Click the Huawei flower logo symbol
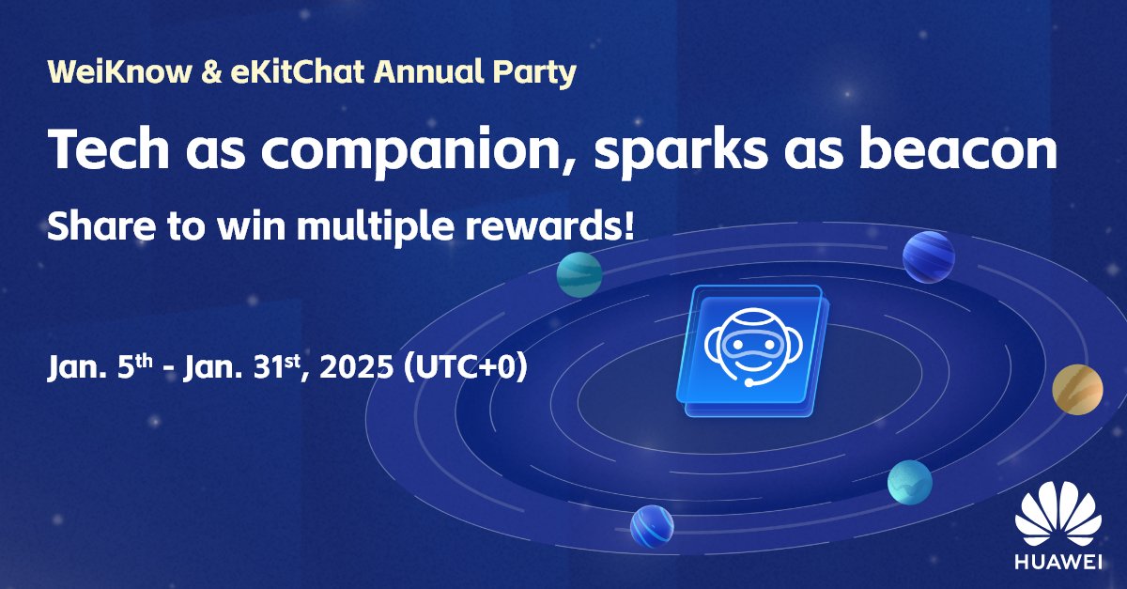1058,516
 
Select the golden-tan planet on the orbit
1077,389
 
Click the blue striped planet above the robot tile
928,256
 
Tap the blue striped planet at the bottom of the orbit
652,526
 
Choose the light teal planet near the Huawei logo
909,481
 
